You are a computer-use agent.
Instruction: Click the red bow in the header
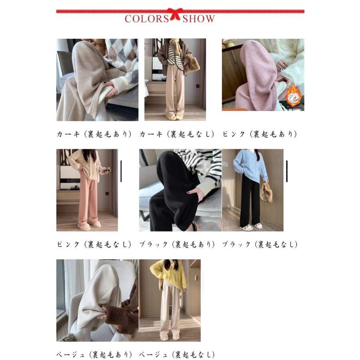pyautogui.click(x=175, y=14)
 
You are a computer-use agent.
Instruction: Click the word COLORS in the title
pyautogui.click(x=147, y=19)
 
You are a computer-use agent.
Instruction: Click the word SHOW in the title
pyautogui.click(x=198, y=19)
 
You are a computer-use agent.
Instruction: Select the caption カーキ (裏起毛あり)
pyautogui.click(x=94, y=134)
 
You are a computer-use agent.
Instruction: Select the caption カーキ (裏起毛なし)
pyautogui.click(x=177, y=134)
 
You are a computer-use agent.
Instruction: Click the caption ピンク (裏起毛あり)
pyautogui.click(x=260, y=134)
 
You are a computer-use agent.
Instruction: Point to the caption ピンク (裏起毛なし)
pyautogui.click(x=94, y=244)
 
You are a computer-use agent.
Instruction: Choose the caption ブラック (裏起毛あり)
pyautogui.click(x=177, y=244)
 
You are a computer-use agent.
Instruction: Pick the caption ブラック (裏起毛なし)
pyautogui.click(x=260, y=244)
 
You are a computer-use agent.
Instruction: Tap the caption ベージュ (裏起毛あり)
pyautogui.click(x=94, y=354)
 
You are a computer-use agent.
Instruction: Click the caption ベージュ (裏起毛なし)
pyautogui.click(x=177, y=354)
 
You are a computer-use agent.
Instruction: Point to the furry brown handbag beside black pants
pyautogui.click(x=266, y=193)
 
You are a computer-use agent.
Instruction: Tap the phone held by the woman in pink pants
pyautogui.click(x=106, y=170)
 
